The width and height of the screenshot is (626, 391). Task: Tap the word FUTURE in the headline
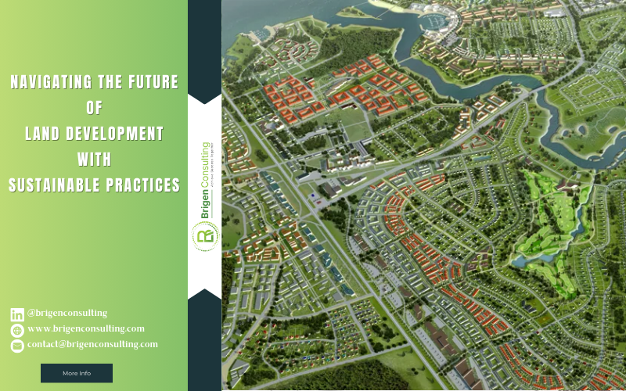point(152,82)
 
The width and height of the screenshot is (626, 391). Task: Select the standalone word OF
point(94,108)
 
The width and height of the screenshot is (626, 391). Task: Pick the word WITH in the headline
point(94,160)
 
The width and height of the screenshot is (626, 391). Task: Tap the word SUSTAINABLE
point(54,185)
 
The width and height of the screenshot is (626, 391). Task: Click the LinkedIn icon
point(17,314)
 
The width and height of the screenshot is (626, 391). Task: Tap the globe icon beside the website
point(17,330)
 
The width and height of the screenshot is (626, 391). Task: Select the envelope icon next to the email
point(17,346)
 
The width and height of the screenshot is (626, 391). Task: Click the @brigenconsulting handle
point(67,314)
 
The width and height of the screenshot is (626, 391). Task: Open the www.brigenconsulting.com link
point(86,329)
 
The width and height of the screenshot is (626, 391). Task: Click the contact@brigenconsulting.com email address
point(92,344)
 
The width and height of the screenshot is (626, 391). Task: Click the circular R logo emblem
point(205,235)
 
